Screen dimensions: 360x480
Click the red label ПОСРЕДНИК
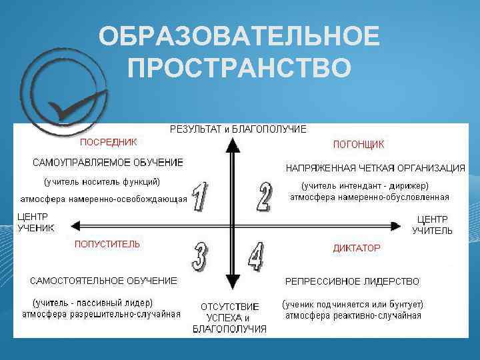pos(109,141)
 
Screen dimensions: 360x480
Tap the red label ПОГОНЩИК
pos(358,144)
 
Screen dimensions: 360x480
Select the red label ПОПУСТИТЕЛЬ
pos(107,245)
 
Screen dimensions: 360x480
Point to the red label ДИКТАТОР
pos(357,248)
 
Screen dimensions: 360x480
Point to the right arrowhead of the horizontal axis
pos(397,225)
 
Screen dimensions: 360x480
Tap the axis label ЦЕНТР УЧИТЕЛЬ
pos(432,225)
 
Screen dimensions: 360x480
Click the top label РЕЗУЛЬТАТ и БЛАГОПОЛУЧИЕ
pos(238,129)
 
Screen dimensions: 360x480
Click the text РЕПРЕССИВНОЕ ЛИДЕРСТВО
pos(352,281)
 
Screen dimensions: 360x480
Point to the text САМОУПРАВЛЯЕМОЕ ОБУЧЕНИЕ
pos(108,163)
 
